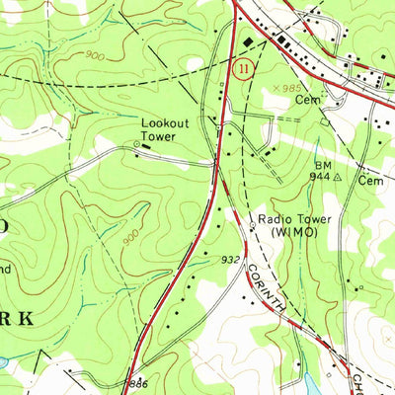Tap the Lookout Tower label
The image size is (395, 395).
click(163, 127)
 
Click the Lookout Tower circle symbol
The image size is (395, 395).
click(137, 145)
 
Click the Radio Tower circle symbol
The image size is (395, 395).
click(252, 225)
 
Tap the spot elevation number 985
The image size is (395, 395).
click(294, 89)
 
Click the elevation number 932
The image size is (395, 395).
click(230, 259)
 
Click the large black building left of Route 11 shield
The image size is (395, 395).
click(248, 42)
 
